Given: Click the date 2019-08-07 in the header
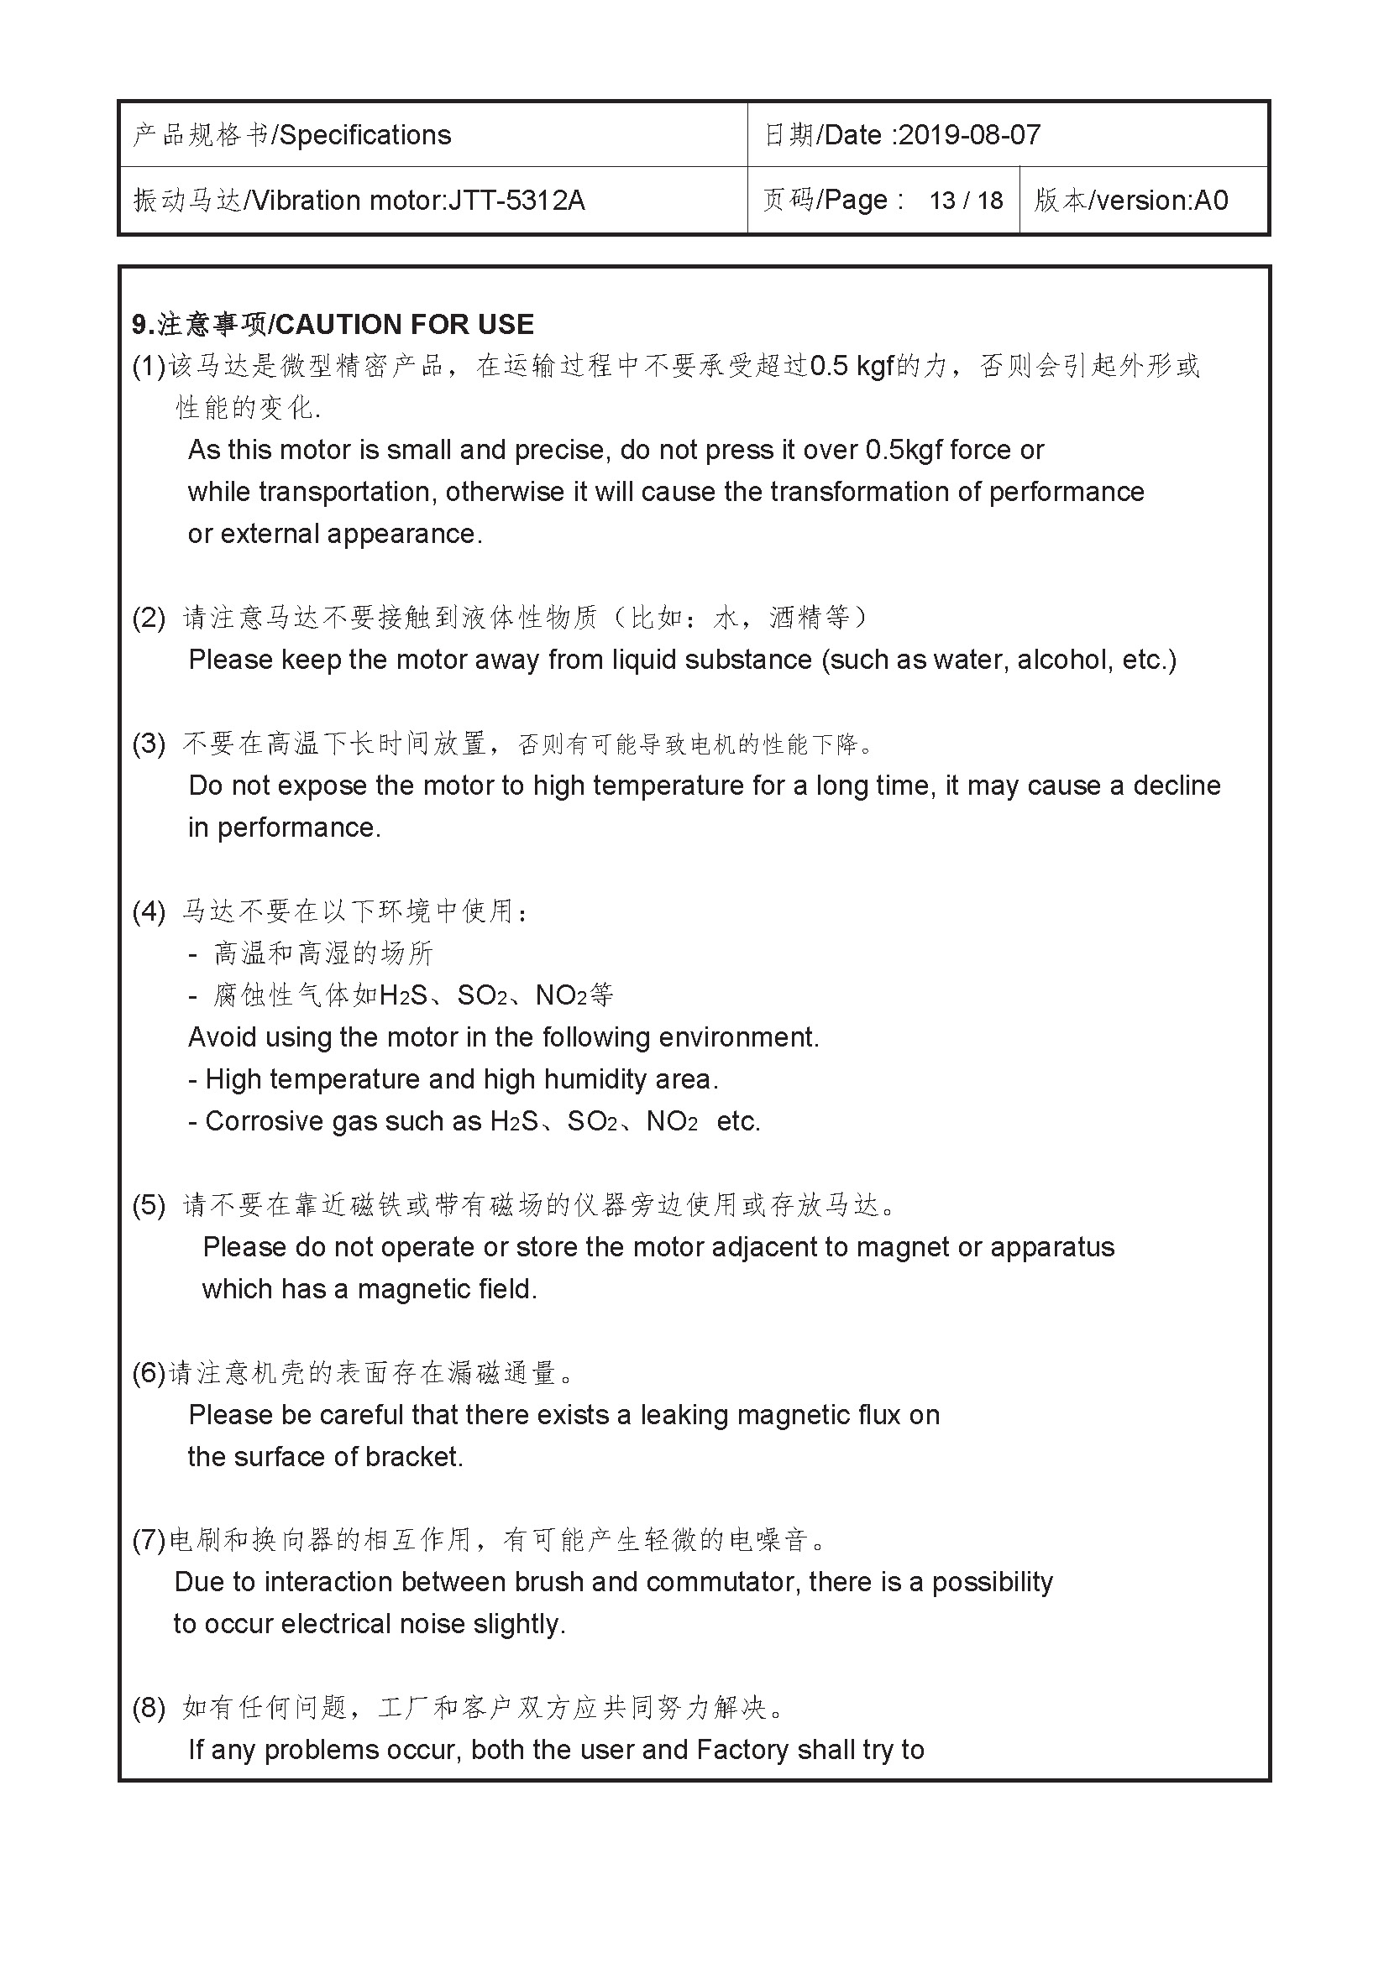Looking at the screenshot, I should tap(970, 135).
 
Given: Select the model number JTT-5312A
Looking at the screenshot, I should tap(516, 200).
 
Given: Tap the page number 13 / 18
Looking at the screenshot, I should tap(966, 200).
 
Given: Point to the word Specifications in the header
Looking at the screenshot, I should tap(365, 135).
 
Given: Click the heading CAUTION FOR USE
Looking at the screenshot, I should tap(405, 325).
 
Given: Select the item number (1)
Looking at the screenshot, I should tap(148, 366).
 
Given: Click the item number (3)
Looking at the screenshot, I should tap(148, 743).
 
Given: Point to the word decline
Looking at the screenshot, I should tap(1177, 786).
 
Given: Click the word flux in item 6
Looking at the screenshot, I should tap(878, 1415).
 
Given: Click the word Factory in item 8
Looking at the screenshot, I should tap(742, 1750).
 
